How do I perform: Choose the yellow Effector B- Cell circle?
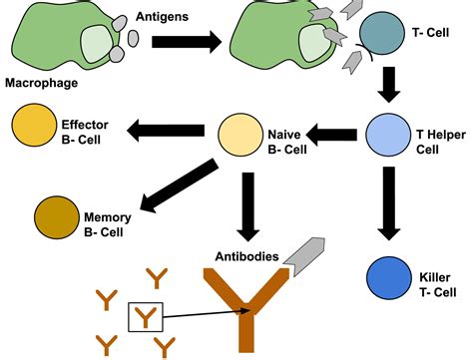34,128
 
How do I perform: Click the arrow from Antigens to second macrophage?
186,43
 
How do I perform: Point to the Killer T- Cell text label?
435,279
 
